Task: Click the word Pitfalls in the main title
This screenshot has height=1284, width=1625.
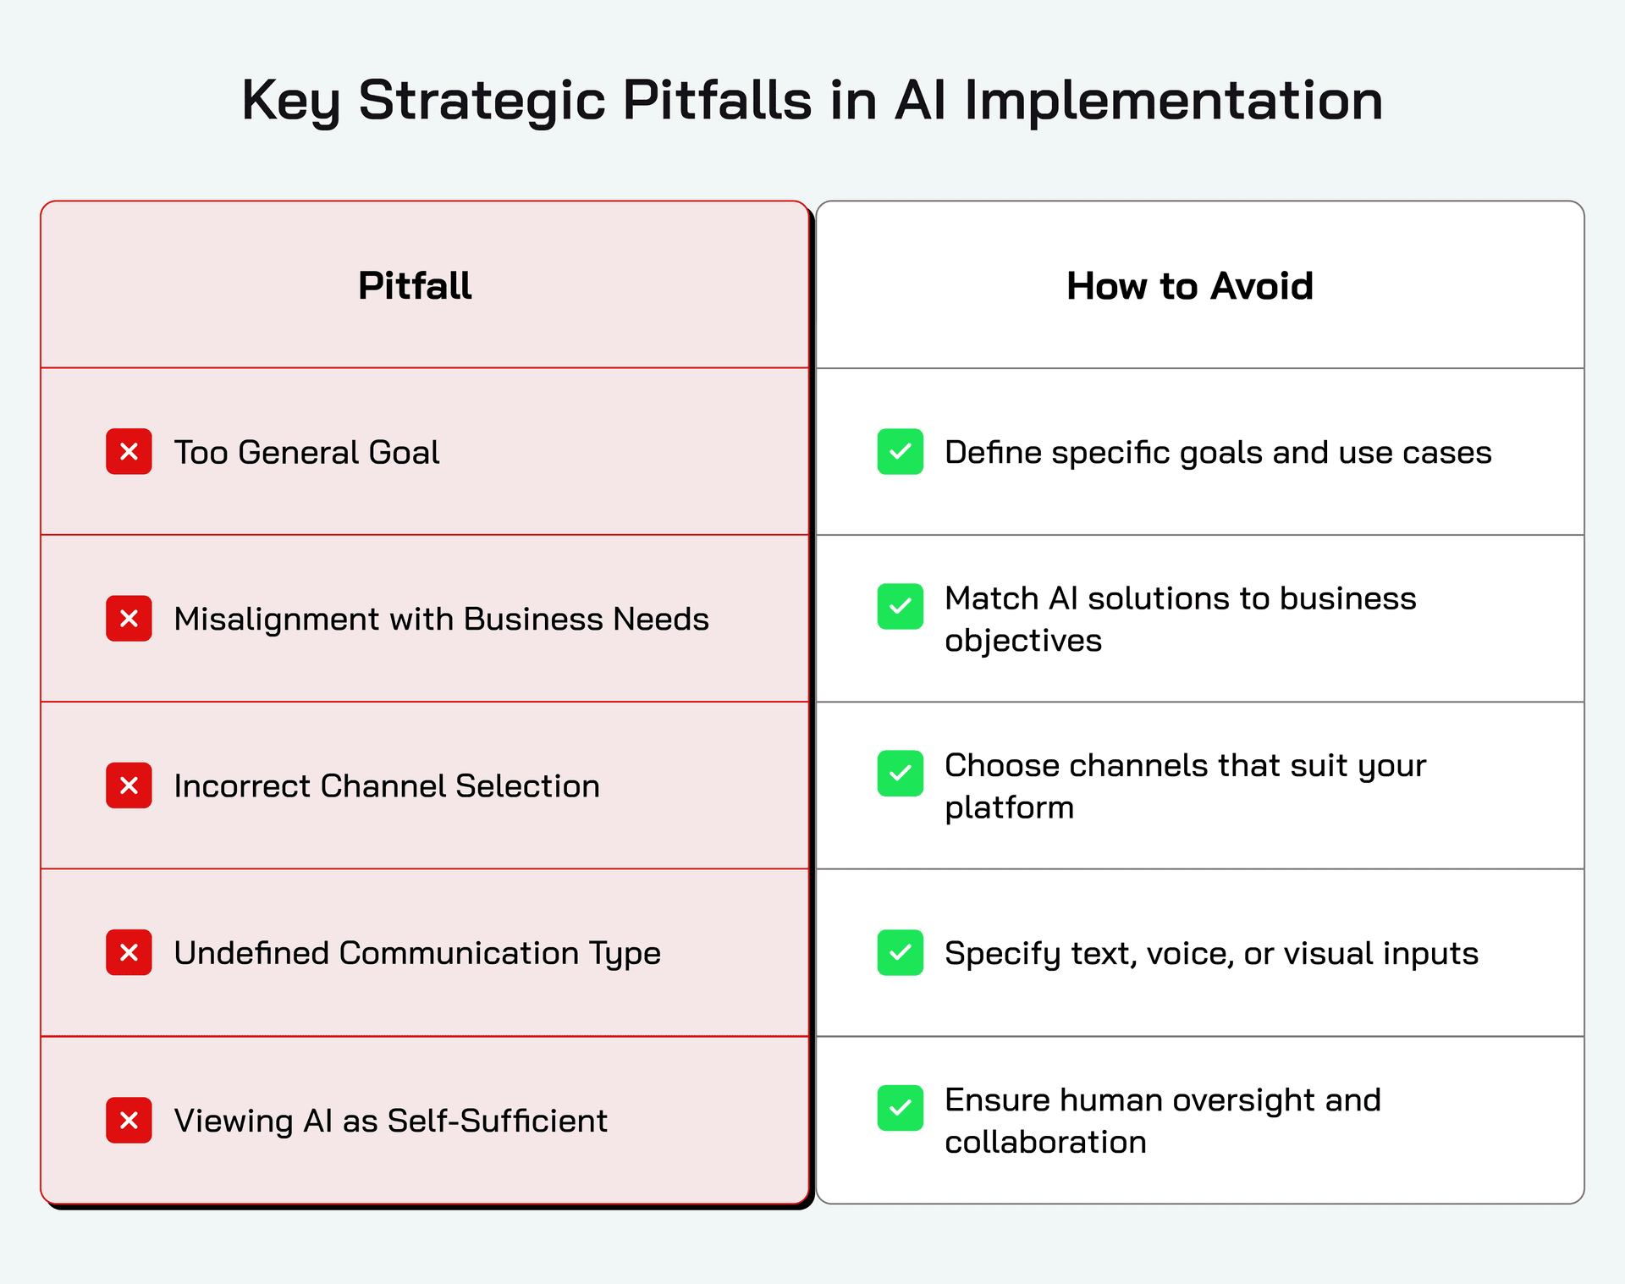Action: pos(718,100)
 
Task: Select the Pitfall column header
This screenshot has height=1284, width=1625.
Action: pos(415,285)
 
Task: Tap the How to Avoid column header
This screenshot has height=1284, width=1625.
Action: pos(1190,285)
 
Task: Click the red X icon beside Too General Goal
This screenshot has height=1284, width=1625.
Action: pos(129,451)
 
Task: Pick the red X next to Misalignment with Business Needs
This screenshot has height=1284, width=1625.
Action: pos(129,618)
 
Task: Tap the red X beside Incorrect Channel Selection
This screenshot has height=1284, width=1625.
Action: pos(129,785)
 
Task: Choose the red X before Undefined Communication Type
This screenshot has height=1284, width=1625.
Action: pos(129,952)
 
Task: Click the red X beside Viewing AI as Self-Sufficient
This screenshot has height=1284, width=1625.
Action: pos(129,1120)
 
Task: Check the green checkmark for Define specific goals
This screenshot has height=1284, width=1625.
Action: pos(901,451)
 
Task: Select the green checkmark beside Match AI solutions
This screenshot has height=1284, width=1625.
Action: pos(901,606)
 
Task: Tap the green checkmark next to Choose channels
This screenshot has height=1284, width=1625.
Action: pos(901,773)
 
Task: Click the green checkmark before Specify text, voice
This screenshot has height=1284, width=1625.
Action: pos(901,952)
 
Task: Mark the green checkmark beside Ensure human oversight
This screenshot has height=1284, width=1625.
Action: pos(901,1108)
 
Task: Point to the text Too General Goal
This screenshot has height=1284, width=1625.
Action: pos(306,452)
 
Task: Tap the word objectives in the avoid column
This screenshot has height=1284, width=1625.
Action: pos(1023,642)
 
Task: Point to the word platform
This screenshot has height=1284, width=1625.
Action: pos(1010,808)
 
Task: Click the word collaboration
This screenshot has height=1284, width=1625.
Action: pos(1045,1142)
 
